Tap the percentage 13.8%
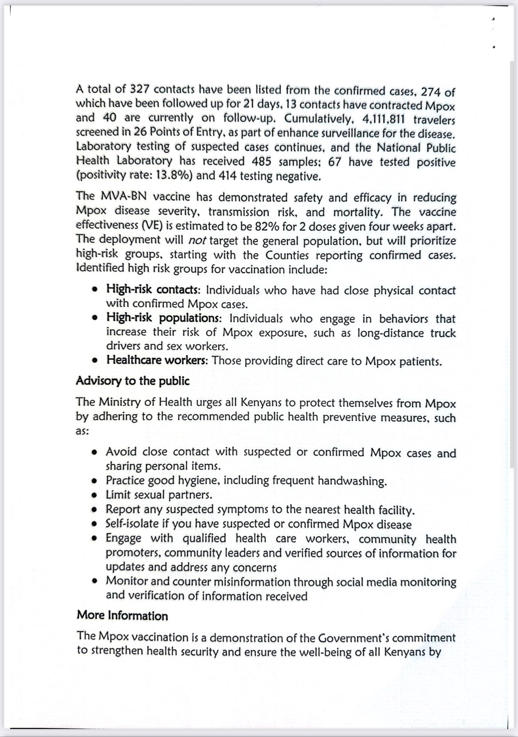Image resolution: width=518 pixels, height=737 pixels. tap(169, 176)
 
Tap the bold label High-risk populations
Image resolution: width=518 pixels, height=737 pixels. tap(161, 318)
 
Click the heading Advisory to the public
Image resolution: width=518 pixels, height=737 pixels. tap(133, 381)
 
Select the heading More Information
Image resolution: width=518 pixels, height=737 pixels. tap(123, 616)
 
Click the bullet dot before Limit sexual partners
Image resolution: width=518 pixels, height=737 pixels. tap(94, 495)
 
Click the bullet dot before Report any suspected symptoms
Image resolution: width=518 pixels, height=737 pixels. tap(94, 510)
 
